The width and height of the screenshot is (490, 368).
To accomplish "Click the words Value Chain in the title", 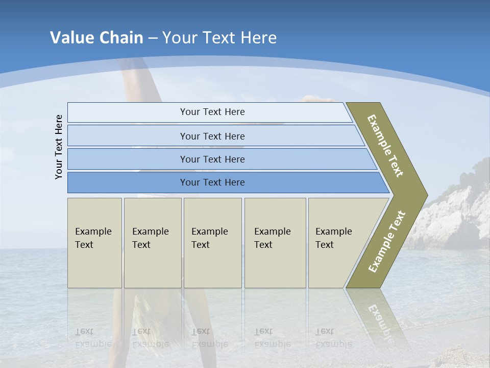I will point(96,38).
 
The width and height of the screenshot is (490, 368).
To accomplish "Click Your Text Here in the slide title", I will point(219,38).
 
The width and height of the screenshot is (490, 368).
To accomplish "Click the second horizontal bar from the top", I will point(212,136).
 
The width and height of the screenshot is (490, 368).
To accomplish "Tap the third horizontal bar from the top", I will point(212,159).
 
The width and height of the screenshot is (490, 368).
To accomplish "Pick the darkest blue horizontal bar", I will point(212,182).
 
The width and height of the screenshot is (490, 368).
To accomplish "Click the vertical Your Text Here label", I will point(59,147).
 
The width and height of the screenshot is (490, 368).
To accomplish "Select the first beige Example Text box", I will point(94,243).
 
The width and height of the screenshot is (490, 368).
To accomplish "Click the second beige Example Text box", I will point(152,243).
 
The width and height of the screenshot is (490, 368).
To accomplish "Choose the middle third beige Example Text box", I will point(212,243).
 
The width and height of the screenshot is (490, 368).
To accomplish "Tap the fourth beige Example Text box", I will point(275,243).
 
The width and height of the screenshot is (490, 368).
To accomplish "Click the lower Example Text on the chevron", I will point(387,241).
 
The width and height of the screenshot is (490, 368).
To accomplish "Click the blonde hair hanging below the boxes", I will point(158,312).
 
